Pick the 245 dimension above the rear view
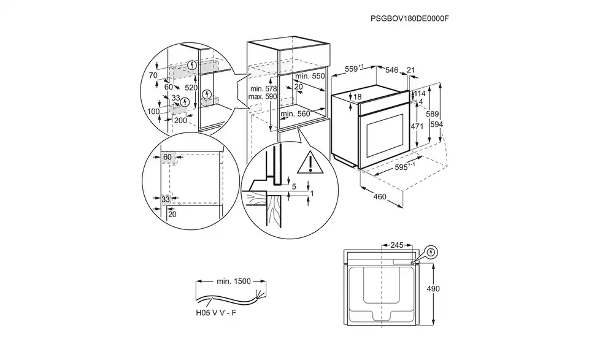[x=396, y=245]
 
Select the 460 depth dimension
[x=380, y=197]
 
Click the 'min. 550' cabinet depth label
[x=309, y=76]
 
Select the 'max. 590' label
[x=263, y=97]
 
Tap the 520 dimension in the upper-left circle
[x=191, y=88]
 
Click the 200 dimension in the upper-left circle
[x=181, y=120]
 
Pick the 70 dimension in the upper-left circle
[x=153, y=75]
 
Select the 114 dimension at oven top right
[x=420, y=94]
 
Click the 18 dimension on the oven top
[x=358, y=97]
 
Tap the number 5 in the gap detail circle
[x=293, y=186]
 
